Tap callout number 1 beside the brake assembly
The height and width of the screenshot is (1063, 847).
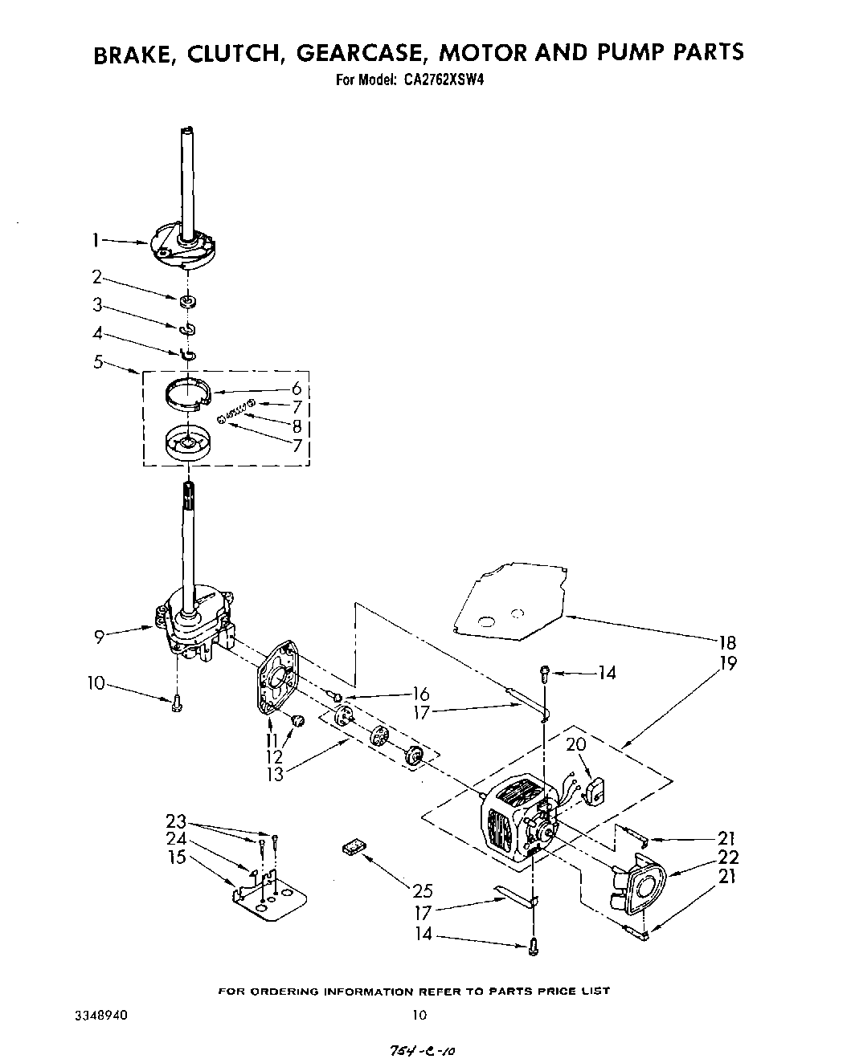[x=96, y=239]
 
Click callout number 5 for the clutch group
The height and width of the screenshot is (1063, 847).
[x=98, y=362]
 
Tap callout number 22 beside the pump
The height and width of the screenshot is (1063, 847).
[x=728, y=857]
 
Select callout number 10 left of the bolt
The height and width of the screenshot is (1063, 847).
[x=96, y=683]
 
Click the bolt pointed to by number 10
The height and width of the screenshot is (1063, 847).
[x=177, y=704]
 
